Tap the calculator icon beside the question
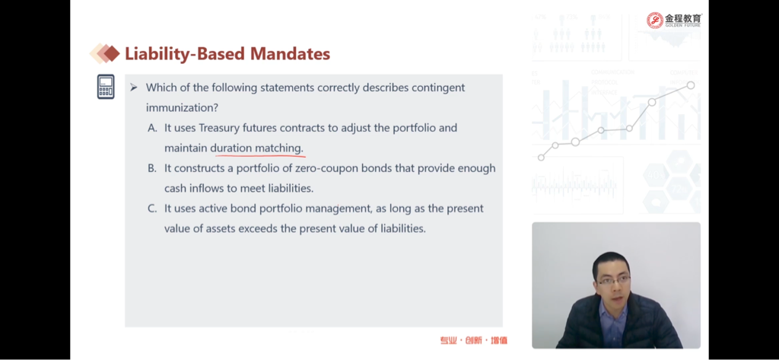(106, 87)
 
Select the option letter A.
(152, 128)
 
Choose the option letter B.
(152, 168)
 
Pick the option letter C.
(152, 209)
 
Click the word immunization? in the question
(182, 107)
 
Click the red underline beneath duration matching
(257, 155)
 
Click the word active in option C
(213, 209)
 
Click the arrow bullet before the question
(133, 88)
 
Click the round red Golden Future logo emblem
(655, 21)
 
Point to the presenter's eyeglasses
(614, 280)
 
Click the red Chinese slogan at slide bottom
(473, 341)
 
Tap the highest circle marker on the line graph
(691, 85)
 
